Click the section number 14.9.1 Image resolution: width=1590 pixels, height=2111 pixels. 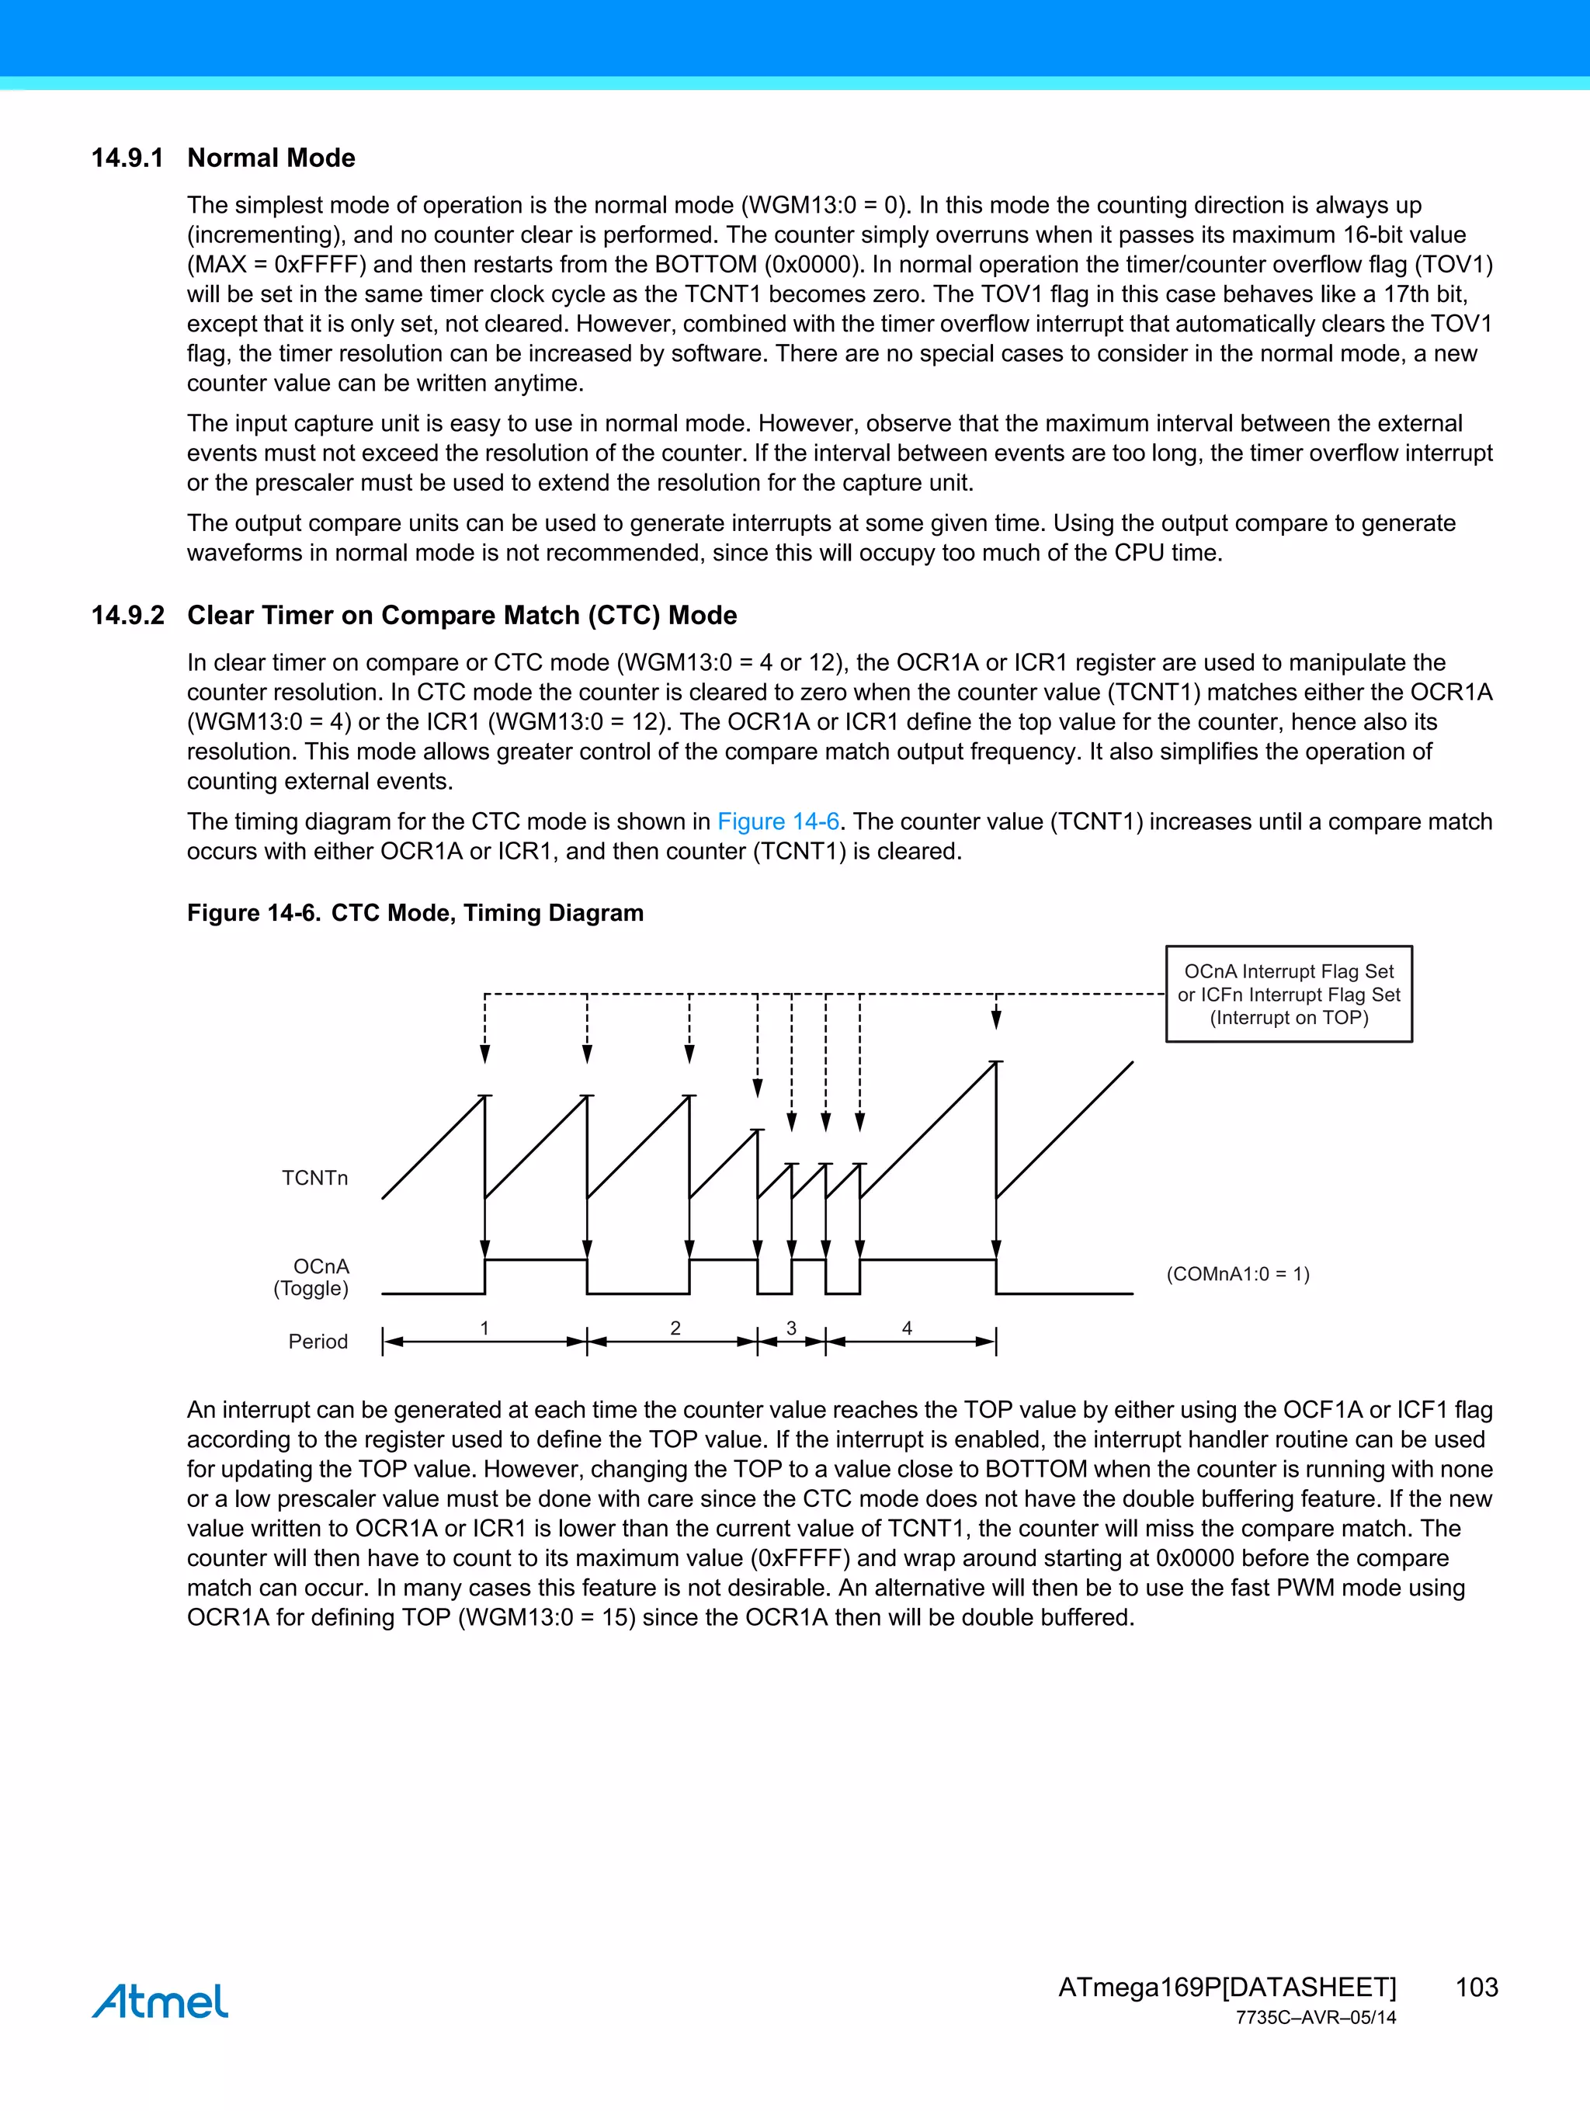[x=127, y=158]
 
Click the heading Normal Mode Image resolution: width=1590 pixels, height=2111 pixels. [x=271, y=158]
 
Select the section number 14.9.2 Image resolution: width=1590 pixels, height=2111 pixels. [x=127, y=616]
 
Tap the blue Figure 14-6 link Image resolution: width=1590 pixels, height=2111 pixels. [x=778, y=821]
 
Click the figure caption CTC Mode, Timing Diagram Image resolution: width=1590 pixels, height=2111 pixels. [x=487, y=913]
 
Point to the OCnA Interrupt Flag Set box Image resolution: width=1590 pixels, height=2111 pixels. [x=1289, y=995]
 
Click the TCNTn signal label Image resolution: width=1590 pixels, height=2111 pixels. [x=315, y=1179]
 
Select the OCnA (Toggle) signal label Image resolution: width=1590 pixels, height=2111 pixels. [x=312, y=1278]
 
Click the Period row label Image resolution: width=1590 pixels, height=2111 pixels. [x=318, y=1342]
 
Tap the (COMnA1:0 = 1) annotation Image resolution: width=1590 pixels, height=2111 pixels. [x=1238, y=1274]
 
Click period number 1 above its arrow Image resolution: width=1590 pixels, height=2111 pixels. [x=484, y=1328]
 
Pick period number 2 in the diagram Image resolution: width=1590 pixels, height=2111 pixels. [x=675, y=1328]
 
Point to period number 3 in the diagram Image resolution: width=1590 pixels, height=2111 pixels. [x=791, y=1328]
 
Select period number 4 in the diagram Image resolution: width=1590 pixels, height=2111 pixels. [x=908, y=1328]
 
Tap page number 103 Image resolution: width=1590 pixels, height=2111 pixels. [x=1477, y=1987]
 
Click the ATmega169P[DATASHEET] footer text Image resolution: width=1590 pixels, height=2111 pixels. [x=1227, y=1987]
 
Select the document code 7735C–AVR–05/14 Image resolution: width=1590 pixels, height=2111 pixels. [x=1315, y=2019]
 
